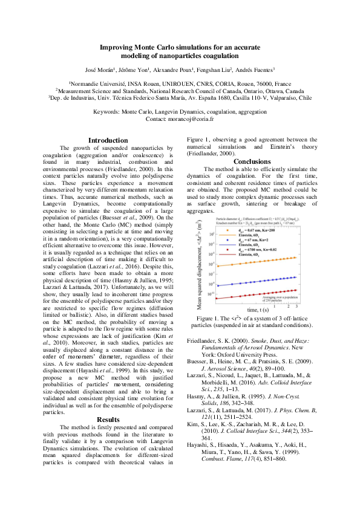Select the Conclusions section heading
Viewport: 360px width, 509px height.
pos(252,161)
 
